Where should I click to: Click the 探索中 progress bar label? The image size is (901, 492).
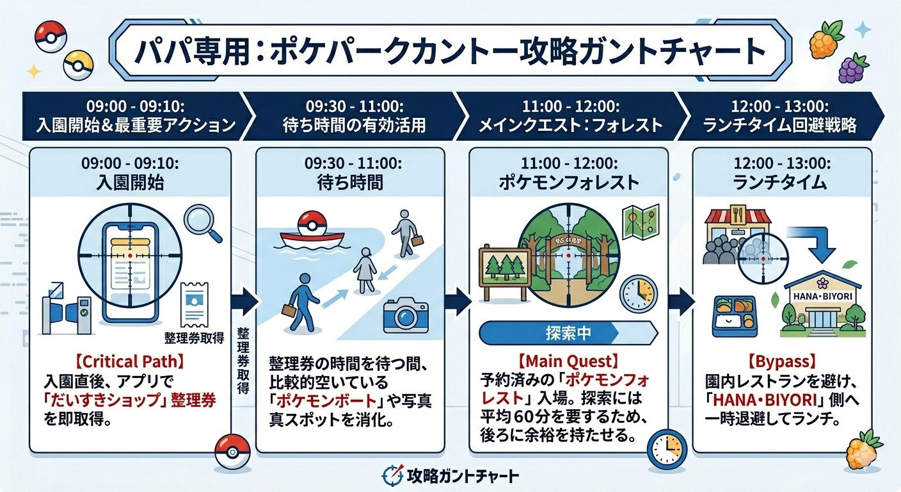(568, 334)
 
